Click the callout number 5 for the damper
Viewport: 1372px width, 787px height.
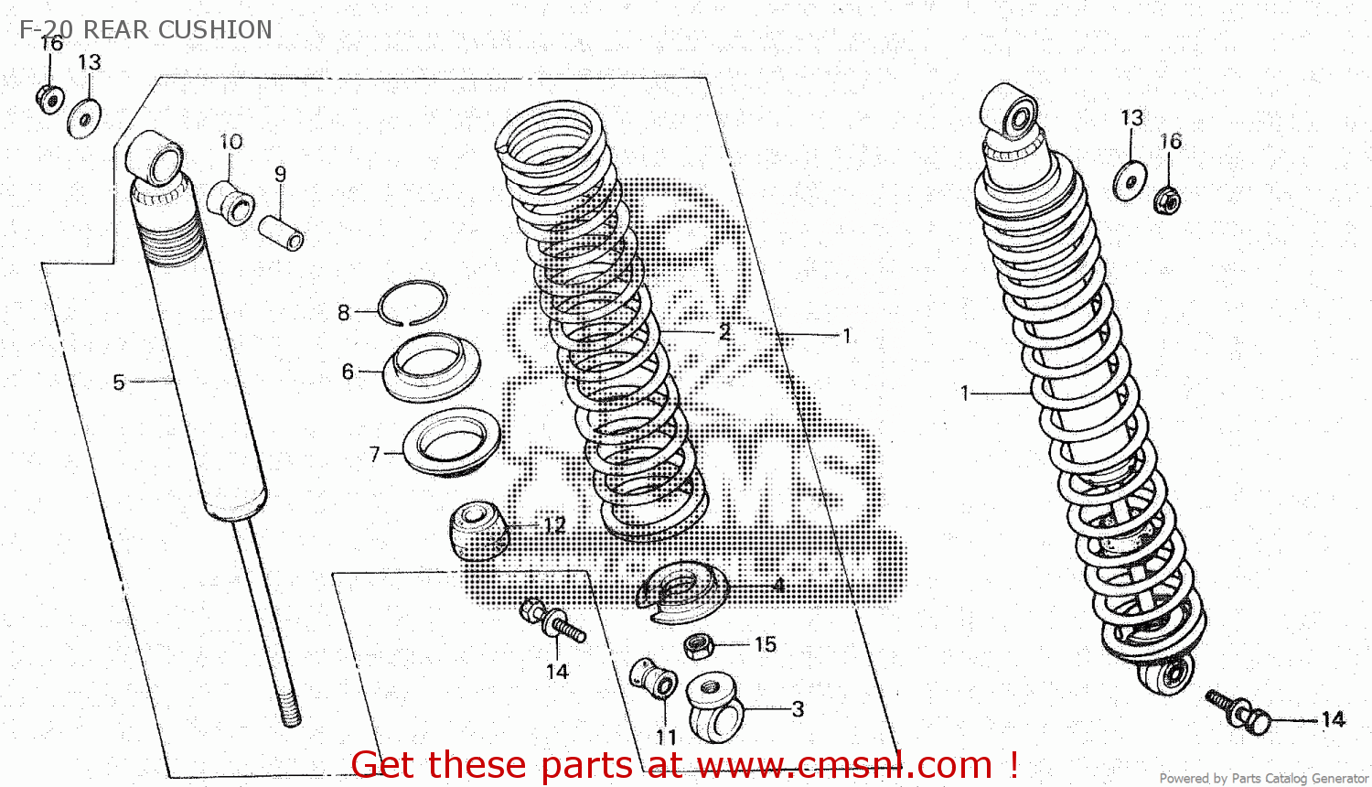pyautogui.click(x=118, y=383)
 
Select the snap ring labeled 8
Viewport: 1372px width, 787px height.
pyautogui.click(x=413, y=303)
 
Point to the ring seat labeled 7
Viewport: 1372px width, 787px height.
pyautogui.click(x=452, y=442)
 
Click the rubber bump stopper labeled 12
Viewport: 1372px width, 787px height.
pyautogui.click(x=477, y=530)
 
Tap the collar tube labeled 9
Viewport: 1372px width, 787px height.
pyautogui.click(x=280, y=232)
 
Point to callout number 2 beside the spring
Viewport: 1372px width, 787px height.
pyautogui.click(x=724, y=333)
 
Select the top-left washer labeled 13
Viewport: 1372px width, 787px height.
pyautogui.click(x=84, y=119)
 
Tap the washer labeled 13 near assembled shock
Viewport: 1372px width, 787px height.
pyautogui.click(x=1131, y=180)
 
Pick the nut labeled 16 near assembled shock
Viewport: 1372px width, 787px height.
pyautogui.click(x=1168, y=199)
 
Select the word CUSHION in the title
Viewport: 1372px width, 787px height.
pyautogui.click(x=215, y=29)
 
